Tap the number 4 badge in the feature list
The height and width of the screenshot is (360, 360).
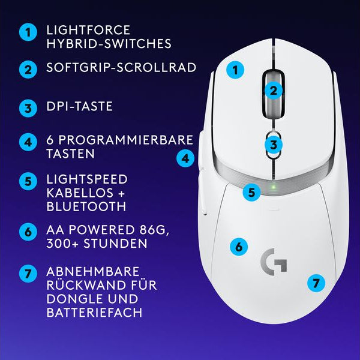pos(27,143)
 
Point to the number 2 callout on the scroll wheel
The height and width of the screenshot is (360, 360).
pos(273,91)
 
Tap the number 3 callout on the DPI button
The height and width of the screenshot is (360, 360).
pos(273,145)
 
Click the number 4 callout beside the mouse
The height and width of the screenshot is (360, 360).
pos(186,158)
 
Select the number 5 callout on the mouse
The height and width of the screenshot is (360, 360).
pos(252,193)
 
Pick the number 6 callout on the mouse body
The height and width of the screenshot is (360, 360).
pos(238,246)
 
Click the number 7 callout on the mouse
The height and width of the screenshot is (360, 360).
pos(316,282)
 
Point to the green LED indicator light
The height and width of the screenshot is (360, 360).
pos(274,186)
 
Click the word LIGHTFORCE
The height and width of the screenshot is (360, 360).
pos(88,30)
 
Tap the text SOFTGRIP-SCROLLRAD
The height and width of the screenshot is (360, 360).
pos(121,67)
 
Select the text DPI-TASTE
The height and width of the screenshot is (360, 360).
pos(79,107)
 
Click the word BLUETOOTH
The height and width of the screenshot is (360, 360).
pos(86,206)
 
